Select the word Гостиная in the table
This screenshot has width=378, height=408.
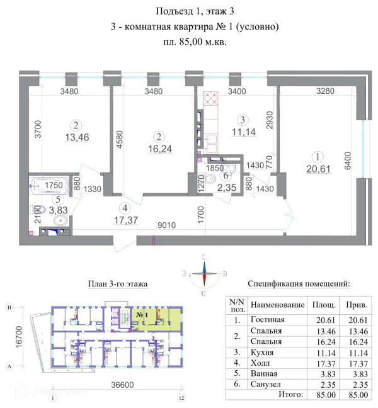pyautogui.click(x=268, y=320)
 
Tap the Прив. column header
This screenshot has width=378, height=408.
pyautogui.click(x=357, y=304)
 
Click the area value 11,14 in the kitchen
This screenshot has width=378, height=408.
pyautogui.click(x=241, y=131)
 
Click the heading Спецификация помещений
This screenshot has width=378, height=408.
pyautogui.click(x=299, y=284)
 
